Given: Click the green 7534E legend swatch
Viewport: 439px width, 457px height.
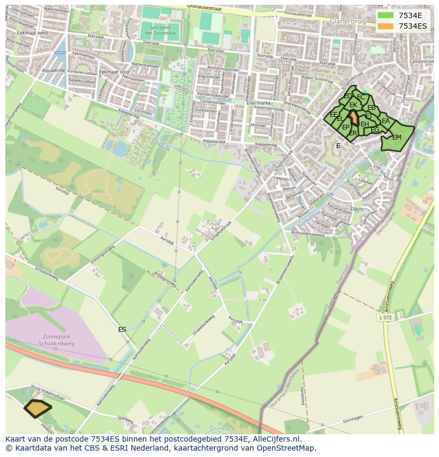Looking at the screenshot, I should pos(386,15).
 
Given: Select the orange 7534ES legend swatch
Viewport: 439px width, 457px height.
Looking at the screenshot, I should pos(386,26).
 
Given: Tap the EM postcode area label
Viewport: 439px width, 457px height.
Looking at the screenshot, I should pos(397,137).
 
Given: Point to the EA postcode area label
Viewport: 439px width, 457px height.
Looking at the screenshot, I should pos(385,122).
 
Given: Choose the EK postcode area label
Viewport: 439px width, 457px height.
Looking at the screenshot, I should pos(353,106).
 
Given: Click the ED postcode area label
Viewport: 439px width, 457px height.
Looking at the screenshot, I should pos(347,96).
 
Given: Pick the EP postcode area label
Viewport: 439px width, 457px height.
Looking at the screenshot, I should pos(346,127).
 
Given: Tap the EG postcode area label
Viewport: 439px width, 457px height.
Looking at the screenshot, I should pos(375,130).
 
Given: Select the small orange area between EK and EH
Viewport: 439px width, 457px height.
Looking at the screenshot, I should pos(354,118).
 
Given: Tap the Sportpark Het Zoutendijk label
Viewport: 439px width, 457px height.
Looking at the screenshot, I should pos(160,30).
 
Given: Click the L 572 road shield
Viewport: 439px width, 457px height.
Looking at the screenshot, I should pos(387,317).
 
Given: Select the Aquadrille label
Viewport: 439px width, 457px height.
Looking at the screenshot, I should pos(53,70).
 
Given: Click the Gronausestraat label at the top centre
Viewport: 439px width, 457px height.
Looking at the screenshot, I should pos(205,8).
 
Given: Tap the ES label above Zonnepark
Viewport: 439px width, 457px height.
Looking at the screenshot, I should pos(122,330).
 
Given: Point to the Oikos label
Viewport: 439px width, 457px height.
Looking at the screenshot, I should pos(357,209).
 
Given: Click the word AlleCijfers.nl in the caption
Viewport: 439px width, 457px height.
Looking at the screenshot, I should pos(276,439).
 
